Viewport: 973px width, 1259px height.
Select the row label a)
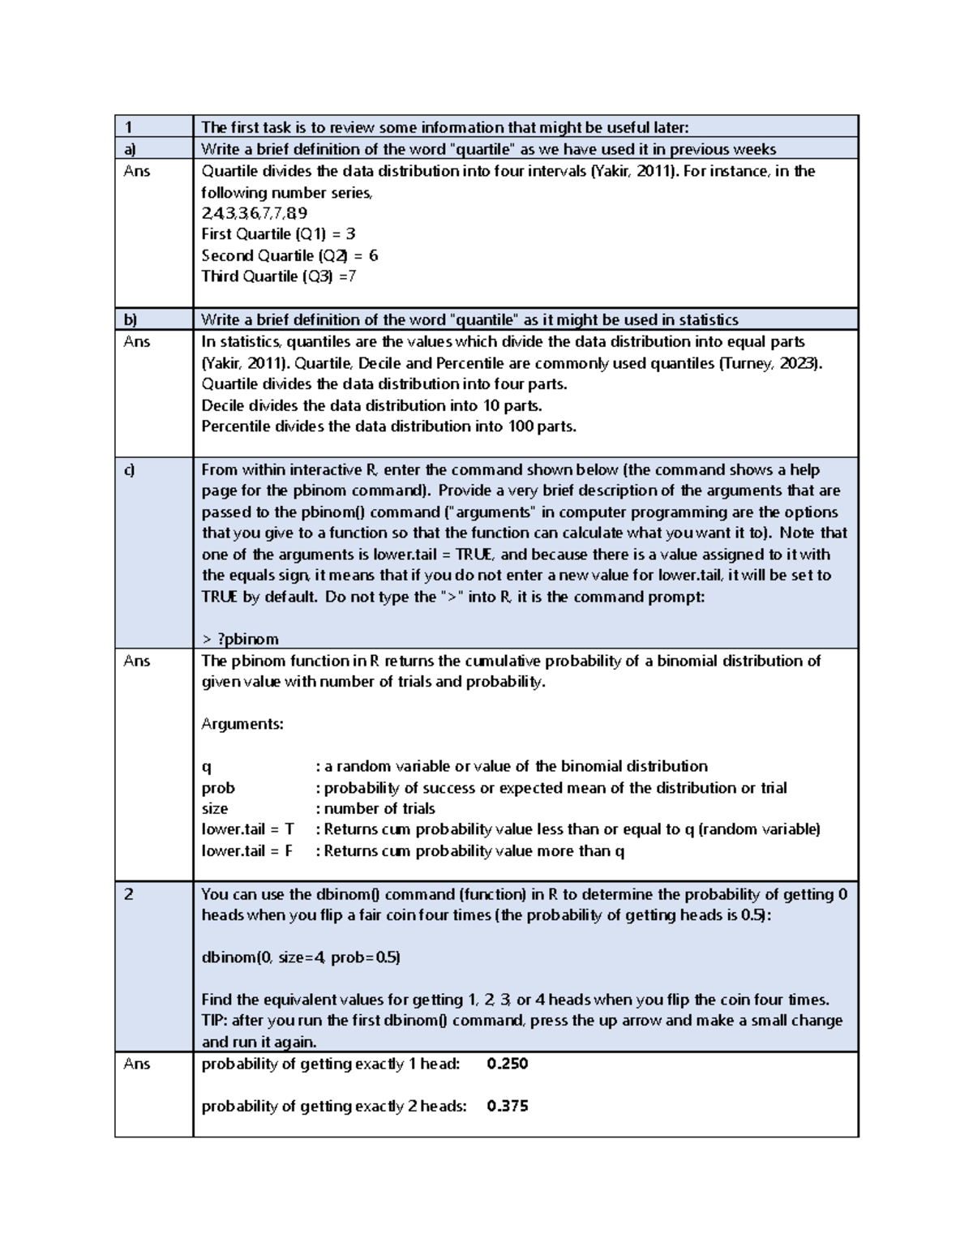click(x=130, y=149)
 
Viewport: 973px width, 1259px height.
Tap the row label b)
click(x=130, y=319)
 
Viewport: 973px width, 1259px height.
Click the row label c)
click(x=129, y=470)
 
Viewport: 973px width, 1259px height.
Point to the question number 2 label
click(x=128, y=894)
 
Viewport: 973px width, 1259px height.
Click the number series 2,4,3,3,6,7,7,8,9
click(x=254, y=213)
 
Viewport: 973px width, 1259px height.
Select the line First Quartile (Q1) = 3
click(x=278, y=234)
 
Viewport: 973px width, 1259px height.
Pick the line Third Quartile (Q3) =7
click(x=278, y=276)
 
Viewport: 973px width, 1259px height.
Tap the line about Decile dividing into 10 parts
click(x=371, y=405)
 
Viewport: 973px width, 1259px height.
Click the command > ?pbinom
click(x=240, y=639)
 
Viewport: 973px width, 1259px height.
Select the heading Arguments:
click(x=242, y=724)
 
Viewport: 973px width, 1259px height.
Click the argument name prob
click(x=218, y=788)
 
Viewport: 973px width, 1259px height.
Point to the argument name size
click(x=215, y=809)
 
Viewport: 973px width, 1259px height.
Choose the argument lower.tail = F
click(x=246, y=851)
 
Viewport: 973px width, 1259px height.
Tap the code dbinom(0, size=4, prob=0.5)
click(x=301, y=957)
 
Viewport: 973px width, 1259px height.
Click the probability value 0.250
click(x=508, y=1064)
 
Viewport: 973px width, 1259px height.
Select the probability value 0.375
click(x=508, y=1106)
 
